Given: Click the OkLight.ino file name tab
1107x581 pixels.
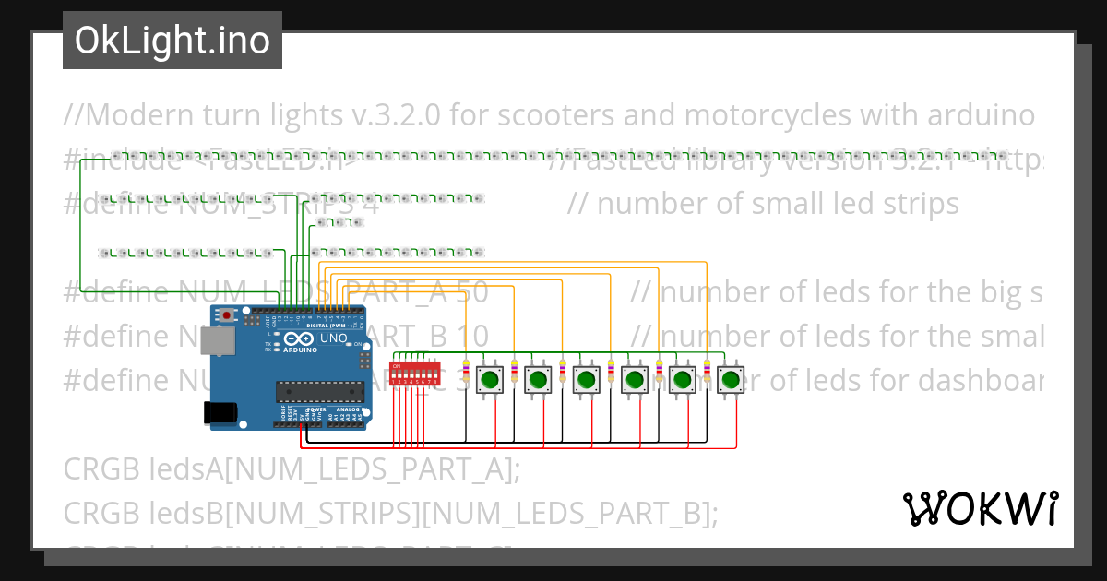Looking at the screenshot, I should pos(172,41).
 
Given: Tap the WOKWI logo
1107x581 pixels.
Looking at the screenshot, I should pos(980,508).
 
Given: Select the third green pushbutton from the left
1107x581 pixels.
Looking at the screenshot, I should pos(586,378).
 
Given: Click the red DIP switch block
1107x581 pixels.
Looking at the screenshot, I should pos(414,374).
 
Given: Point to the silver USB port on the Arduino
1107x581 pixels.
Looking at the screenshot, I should pos(218,342).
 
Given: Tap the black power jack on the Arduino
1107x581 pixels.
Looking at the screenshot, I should pos(220,412).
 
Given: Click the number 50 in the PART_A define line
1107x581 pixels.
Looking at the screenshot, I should pos(472,293).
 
